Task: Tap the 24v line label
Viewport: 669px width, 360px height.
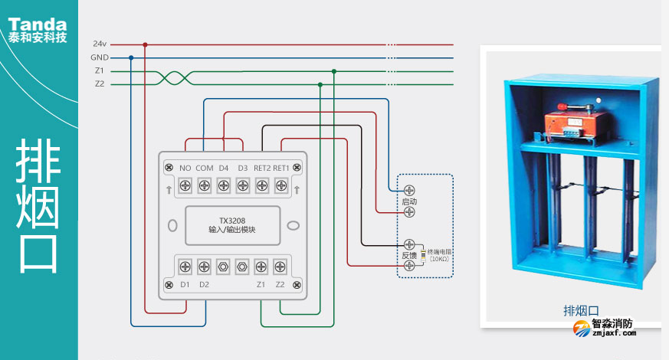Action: [x=100, y=44]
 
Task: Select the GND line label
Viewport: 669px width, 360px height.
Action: [x=100, y=57]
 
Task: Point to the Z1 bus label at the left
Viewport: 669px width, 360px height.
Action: [x=100, y=71]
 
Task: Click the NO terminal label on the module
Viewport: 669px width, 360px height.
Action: [x=185, y=168]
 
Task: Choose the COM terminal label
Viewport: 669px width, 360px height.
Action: [x=204, y=168]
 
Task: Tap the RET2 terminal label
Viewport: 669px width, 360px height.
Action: [x=262, y=168]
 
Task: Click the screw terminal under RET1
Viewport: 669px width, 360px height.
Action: [x=280, y=185]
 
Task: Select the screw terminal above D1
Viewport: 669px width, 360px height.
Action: [x=185, y=267]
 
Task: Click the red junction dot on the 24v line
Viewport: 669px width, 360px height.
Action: [x=145, y=44]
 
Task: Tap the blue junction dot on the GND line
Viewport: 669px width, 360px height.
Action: [x=131, y=57]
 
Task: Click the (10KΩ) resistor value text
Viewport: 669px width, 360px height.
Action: [x=439, y=260]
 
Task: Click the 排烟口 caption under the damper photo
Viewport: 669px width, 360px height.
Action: [x=581, y=310]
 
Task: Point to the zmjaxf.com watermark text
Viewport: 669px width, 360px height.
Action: [x=614, y=333]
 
